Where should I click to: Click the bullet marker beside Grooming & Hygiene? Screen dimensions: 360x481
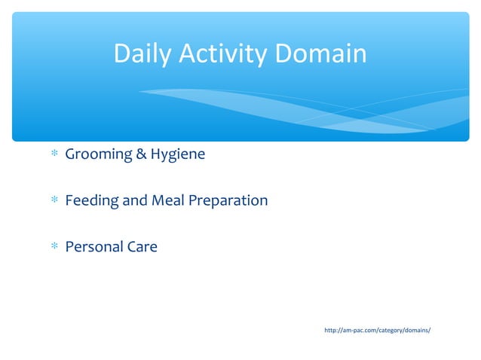click(x=54, y=155)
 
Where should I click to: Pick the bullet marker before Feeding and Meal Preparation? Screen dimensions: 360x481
click(x=54, y=201)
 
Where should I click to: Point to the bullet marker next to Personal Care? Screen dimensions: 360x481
click(x=54, y=247)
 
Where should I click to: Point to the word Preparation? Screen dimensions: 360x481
click(x=227, y=201)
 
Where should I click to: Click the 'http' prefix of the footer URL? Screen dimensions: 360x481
click(x=330, y=331)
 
